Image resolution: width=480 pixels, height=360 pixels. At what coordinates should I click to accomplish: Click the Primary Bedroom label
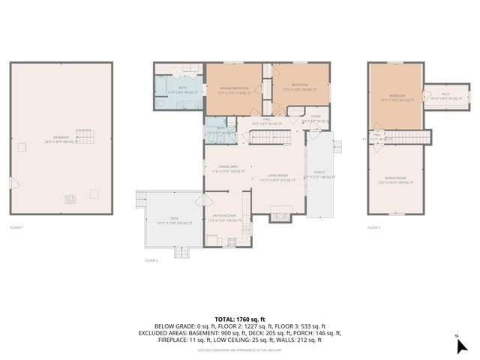234,90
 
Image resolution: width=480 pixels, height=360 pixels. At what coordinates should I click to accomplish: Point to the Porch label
319,173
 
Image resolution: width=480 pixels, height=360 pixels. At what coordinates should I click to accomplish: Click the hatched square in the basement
70,199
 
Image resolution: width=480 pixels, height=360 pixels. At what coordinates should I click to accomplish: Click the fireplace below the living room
282,217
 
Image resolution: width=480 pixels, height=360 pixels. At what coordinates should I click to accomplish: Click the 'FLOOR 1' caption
16,226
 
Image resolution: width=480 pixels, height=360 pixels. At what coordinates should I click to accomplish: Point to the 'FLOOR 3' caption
373,226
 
